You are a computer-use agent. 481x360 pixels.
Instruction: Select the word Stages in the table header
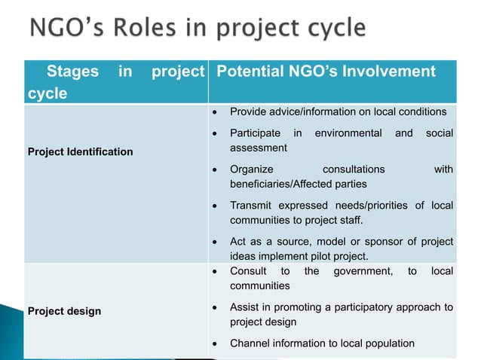tap(72, 72)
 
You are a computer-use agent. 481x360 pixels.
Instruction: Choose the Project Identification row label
tap(80, 152)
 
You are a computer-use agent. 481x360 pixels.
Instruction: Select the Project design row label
tap(64, 311)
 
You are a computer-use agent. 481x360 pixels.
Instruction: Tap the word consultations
tap(353, 169)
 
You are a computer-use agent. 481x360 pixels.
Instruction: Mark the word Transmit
tap(251, 206)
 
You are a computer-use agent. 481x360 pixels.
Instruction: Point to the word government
tap(363, 271)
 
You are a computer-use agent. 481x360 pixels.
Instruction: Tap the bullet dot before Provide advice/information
tap(216, 112)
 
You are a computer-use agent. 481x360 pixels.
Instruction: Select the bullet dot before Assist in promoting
tap(216, 307)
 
